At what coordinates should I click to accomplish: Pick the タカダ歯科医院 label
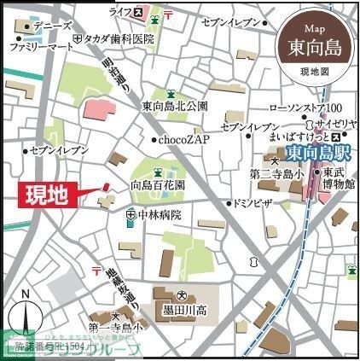tap(119, 39)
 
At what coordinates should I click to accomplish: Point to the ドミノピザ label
tap(254, 204)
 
